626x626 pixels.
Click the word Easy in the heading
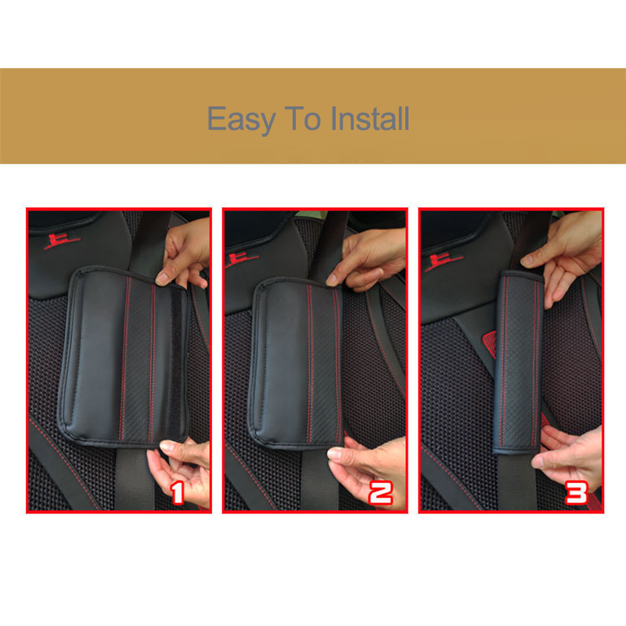pos(241,120)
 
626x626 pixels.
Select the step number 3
pos(577,493)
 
